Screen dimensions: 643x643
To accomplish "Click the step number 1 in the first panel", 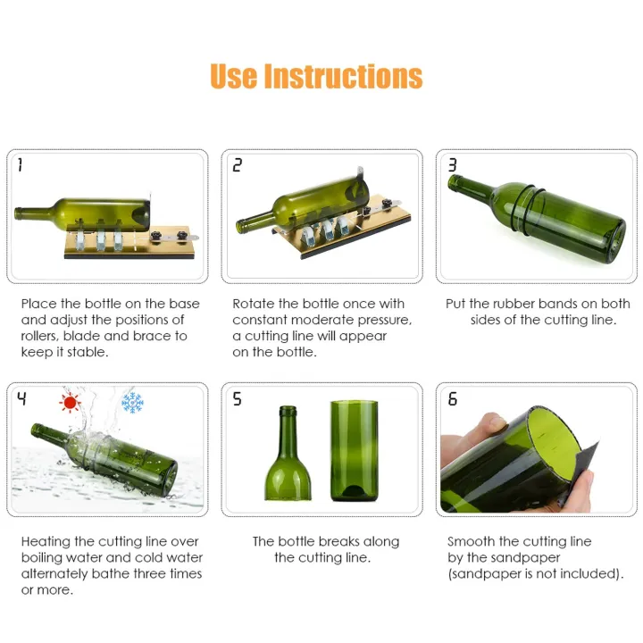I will click(x=21, y=165).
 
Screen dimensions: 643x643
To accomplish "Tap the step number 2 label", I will click(x=237, y=165).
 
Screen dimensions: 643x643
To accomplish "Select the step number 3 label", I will click(x=452, y=165).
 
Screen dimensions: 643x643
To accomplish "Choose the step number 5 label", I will click(x=237, y=398).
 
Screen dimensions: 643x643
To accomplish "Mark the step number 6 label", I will click(x=452, y=398).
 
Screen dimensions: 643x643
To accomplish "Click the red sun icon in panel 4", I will click(x=69, y=402).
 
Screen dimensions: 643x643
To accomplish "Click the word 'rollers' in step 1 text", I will click(x=41, y=336).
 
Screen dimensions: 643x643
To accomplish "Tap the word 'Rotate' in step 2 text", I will click(x=255, y=304).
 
